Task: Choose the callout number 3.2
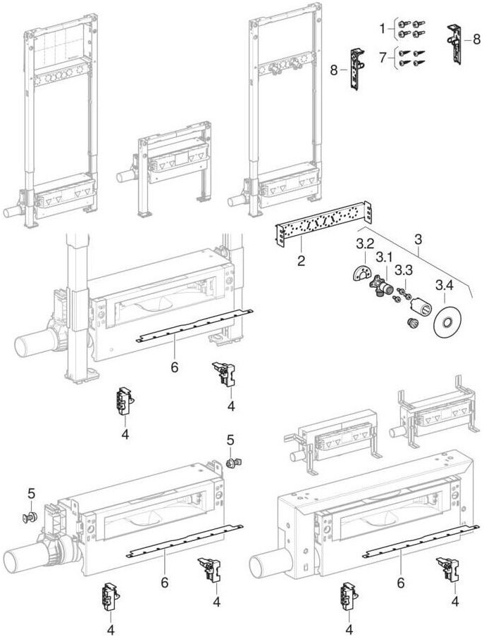tap(365, 244)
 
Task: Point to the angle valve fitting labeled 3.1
tap(381, 286)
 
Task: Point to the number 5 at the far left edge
tap(30, 492)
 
